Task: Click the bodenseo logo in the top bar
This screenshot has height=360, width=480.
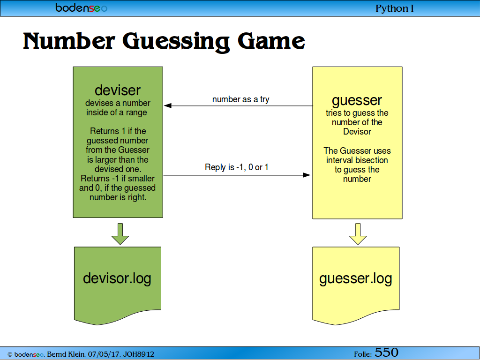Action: tap(82, 7)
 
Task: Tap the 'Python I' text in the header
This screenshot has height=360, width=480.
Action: tap(394, 8)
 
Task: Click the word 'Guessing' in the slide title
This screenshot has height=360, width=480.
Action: tap(176, 42)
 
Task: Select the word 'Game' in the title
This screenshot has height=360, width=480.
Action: tap(271, 41)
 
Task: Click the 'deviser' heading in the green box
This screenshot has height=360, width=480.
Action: tap(118, 90)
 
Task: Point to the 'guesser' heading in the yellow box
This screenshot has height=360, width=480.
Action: tap(357, 101)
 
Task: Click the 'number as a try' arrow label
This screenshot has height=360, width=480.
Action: tap(240, 99)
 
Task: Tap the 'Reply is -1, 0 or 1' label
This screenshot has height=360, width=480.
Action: tap(236, 167)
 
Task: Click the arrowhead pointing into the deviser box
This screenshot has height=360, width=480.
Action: tap(168, 105)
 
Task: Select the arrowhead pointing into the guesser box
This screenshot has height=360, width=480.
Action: tap(307, 175)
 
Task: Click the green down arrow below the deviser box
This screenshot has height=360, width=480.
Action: tap(120, 234)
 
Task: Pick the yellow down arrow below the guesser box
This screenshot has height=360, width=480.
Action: tap(358, 234)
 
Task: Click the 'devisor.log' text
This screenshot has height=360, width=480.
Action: tap(117, 278)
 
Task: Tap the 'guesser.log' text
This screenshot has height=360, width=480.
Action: tap(355, 279)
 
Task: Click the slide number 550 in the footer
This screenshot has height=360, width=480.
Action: tap(386, 352)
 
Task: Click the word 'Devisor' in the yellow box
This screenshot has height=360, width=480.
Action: tap(357, 132)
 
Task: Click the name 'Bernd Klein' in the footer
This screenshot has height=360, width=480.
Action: tap(66, 354)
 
